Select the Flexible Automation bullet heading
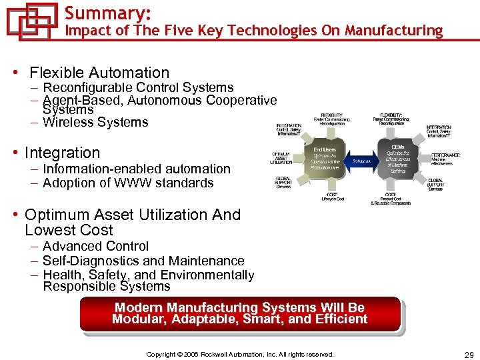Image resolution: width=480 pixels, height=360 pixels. (99, 73)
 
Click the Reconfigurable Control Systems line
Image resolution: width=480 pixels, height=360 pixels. (138, 88)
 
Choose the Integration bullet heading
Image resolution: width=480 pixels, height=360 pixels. (62, 153)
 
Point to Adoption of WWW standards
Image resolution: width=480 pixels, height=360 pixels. (128, 183)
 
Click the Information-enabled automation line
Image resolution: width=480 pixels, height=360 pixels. (137, 169)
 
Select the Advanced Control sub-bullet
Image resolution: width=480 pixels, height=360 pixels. (95, 247)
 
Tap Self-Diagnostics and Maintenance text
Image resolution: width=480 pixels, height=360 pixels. (143, 261)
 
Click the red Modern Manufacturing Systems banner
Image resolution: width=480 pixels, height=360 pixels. (240, 313)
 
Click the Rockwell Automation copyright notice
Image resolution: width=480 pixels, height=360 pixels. (240, 354)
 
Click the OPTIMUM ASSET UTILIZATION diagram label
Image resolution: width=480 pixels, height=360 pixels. (281, 157)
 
